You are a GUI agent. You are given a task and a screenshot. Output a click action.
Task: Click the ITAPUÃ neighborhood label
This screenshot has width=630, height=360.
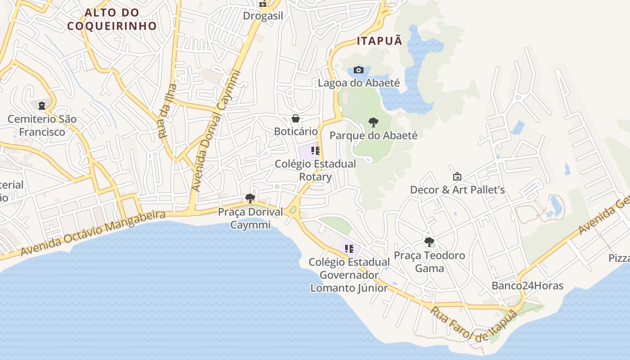[379, 41]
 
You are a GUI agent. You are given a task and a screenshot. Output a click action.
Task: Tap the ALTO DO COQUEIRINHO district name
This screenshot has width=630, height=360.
[112, 19]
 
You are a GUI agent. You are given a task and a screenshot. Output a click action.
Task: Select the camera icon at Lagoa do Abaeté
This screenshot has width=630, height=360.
[359, 70]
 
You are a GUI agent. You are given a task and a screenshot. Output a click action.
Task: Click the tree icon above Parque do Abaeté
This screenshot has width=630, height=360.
[373, 122]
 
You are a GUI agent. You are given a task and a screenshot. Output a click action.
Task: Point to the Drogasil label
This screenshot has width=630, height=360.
[263, 16]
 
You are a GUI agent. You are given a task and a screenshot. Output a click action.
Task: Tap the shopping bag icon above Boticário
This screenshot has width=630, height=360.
[296, 118]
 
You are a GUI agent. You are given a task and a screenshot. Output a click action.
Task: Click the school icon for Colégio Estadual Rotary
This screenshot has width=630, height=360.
[315, 151]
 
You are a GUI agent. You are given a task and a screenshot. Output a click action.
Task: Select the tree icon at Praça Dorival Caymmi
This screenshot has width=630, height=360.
[250, 198]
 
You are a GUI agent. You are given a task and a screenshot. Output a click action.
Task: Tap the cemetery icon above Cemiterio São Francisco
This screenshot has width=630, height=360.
[42, 106]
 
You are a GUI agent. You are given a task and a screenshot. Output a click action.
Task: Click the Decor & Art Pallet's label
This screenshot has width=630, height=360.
[457, 190]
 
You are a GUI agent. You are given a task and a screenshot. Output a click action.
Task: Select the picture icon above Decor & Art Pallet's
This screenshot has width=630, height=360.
[457, 176]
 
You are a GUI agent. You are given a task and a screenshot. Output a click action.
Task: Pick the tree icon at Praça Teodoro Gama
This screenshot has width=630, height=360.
[429, 242]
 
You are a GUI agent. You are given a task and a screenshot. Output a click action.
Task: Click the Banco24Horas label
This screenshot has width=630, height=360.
[527, 286]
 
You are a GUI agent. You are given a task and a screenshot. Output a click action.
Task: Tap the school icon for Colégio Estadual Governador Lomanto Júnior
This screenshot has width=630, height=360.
[349, 249]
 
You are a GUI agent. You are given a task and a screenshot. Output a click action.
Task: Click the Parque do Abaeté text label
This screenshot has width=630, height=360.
[373, 135]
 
